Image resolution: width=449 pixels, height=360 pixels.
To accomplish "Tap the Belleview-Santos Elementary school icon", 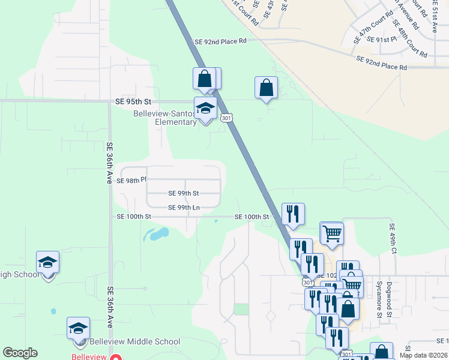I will (x=205, y=109).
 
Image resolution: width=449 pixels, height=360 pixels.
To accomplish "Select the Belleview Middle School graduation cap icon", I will (x=78, y=329).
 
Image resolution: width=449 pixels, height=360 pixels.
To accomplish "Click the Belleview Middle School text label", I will (x=134, y=342).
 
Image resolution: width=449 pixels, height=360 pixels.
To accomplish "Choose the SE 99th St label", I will (x=183, y=193).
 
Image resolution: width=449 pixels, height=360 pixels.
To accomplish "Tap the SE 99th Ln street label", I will (x=184, y=208).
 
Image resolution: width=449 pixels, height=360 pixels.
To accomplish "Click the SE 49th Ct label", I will (x=394, y=238).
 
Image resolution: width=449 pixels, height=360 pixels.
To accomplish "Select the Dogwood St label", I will (x=389, y=299).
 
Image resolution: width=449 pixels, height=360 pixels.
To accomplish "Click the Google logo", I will (x=20, y=353).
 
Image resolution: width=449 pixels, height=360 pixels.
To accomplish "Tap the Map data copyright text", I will (x=423, y=355).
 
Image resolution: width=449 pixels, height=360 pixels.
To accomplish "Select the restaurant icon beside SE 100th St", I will (x=293, y=214).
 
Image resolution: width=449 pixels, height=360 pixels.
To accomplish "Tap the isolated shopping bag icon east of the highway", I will (x=266, y=88).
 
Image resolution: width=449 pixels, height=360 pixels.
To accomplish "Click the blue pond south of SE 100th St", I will (x=155, y=233).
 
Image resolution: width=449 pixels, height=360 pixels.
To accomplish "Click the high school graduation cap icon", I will (x=47, y=263).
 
